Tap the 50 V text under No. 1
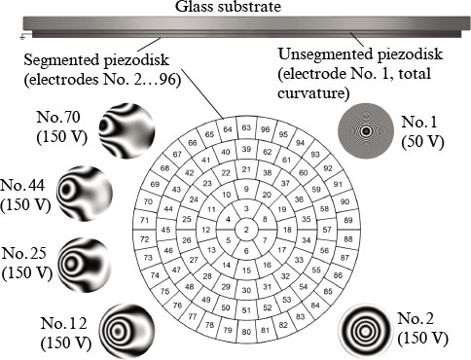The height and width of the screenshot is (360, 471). click(x=425, y=141)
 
